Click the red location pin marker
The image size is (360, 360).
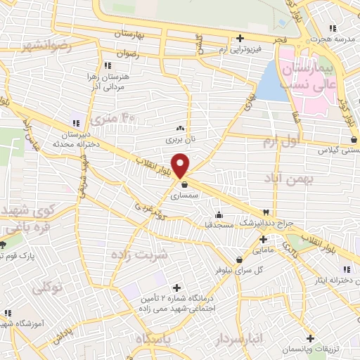(x=181, y=166)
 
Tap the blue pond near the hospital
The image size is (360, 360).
(x=268, y=82)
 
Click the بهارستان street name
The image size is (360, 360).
(x=133, y=34)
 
